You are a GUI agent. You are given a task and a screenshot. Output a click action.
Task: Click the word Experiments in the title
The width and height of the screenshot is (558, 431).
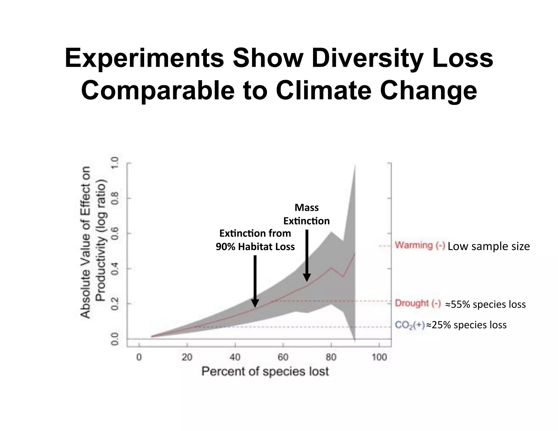coord(144,58)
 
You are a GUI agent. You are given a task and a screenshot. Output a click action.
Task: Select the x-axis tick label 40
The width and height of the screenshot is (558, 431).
coord(235,357)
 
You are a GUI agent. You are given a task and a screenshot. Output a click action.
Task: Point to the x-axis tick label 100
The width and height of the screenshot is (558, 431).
coord(379,357)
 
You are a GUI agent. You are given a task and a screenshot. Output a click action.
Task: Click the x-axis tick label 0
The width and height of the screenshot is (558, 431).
coord(139,357)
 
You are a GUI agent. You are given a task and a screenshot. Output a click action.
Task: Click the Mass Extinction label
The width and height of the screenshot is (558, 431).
coord(307,214)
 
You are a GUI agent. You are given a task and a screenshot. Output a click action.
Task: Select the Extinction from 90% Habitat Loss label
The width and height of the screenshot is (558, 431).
coord(255,240)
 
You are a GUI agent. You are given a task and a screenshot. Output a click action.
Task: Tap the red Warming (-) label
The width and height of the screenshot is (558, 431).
coord(420,246)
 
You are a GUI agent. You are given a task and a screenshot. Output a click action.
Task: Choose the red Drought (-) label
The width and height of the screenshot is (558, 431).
coord(418,303)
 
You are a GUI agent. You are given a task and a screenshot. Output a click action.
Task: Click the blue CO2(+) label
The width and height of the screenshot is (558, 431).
coord(410,325)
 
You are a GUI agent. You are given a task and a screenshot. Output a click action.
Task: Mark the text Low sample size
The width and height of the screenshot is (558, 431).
coord(489,246)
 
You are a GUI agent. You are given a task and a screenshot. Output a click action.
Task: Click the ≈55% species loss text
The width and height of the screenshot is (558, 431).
coord(485,304)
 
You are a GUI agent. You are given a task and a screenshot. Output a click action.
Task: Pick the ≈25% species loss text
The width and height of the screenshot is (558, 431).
coord(466,325)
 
